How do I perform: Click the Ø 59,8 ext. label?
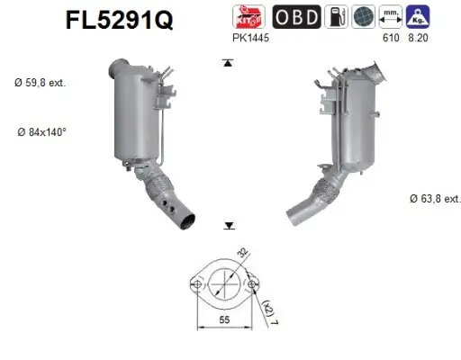click(41, 83)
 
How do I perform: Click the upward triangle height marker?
click(230, 63)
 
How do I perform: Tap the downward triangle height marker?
click(230, 226)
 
